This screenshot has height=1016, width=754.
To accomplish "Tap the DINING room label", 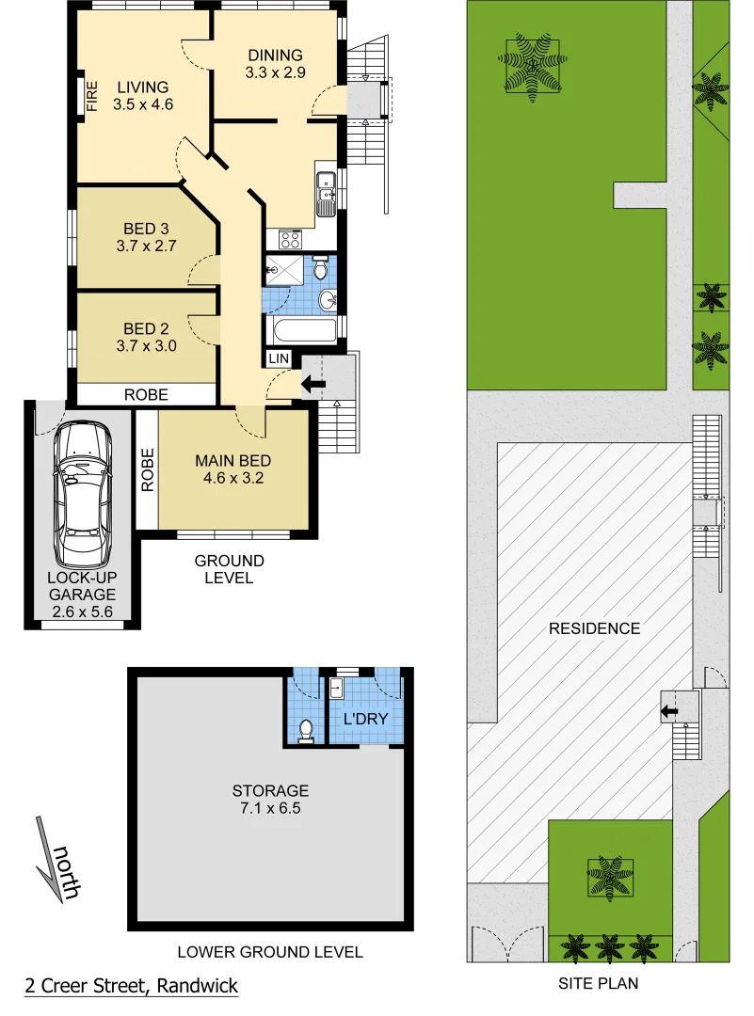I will [x=275, y=56].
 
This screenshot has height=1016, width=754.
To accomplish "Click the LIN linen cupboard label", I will [x=280, y=359].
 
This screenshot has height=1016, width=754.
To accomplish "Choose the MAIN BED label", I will [x=233, y=461].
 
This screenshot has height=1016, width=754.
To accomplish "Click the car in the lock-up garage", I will [x=83, y=494].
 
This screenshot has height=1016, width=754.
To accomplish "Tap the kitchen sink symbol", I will [x=326, y=189].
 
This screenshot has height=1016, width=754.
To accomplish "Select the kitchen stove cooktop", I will [x=289, y=239].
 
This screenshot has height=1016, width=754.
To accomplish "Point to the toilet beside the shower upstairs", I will [x=320, y=271].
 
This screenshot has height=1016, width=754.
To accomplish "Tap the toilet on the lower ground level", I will [x=305, y=731].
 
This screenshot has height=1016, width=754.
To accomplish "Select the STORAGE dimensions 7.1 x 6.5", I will [x=270, y=807].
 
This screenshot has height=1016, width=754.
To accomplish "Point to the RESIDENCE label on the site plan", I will [x=594, y=628].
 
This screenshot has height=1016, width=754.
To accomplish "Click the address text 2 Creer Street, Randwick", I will [x=131, y=986].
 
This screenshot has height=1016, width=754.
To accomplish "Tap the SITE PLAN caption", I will [x=599, y=984].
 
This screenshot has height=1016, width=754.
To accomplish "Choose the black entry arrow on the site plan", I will [x=669, y=711].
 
